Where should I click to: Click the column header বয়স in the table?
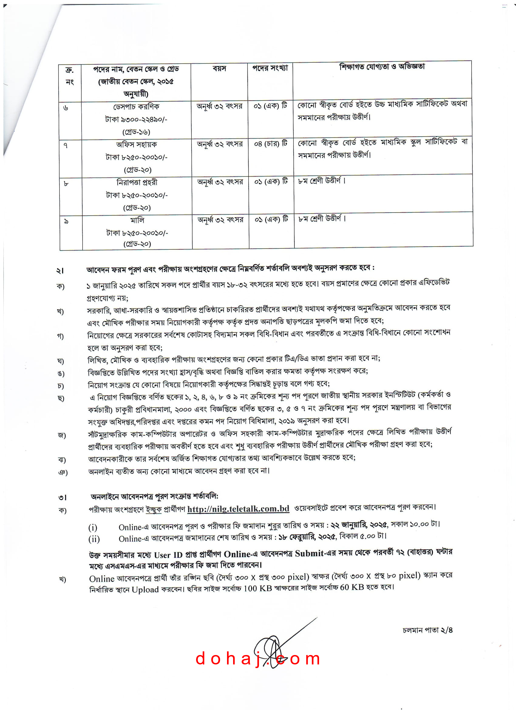(219, 68)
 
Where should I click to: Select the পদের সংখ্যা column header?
(270, 68)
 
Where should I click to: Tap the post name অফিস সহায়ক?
(136, 144)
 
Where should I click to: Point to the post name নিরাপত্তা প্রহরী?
(137, 182)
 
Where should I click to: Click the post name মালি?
(137, 220)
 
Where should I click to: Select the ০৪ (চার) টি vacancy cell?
(270, 144)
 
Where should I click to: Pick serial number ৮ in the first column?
(66, 184)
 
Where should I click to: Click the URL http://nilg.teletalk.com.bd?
(238, 509)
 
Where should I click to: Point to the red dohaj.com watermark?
(258, 659)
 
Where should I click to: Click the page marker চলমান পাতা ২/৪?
(427, 630)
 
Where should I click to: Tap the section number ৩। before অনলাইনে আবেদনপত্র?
(62, 497)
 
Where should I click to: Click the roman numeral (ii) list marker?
(94, 539)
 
